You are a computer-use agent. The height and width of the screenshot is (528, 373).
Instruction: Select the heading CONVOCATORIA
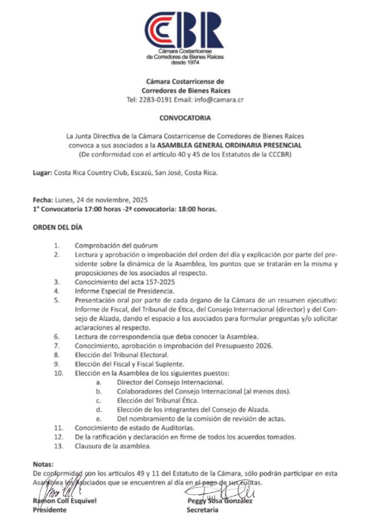[185, 118]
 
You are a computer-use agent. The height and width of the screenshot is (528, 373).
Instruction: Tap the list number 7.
[59, 345]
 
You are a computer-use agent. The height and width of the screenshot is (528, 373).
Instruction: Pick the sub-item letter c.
[99, 400]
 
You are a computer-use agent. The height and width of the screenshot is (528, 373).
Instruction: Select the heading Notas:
[43, 464]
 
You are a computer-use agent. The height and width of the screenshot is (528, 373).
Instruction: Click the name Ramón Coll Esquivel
[65, 501]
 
